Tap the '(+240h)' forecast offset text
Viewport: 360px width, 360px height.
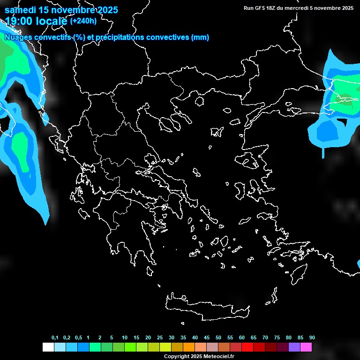click(x=83, y=21)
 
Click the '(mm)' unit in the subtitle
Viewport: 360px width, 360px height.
click(x=200, y=37)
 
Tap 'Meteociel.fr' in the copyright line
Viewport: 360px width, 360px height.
click(x=218, y=357)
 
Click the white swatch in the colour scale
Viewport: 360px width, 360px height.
click(x=48, y=347)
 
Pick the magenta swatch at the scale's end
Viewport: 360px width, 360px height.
click(x=306, y=347)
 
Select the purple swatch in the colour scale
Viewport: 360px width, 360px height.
click(x=294, y=347)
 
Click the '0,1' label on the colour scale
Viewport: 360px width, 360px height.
click(x=55, y=338)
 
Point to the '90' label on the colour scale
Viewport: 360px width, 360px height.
click(x=312, y=338)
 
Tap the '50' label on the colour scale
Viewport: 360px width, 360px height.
click(x=218, y=338)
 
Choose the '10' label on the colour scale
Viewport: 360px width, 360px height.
click(x=125, y=338)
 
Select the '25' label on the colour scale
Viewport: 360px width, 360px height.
click(x=160, y=338)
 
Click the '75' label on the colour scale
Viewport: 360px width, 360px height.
click(x=277, y=338)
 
